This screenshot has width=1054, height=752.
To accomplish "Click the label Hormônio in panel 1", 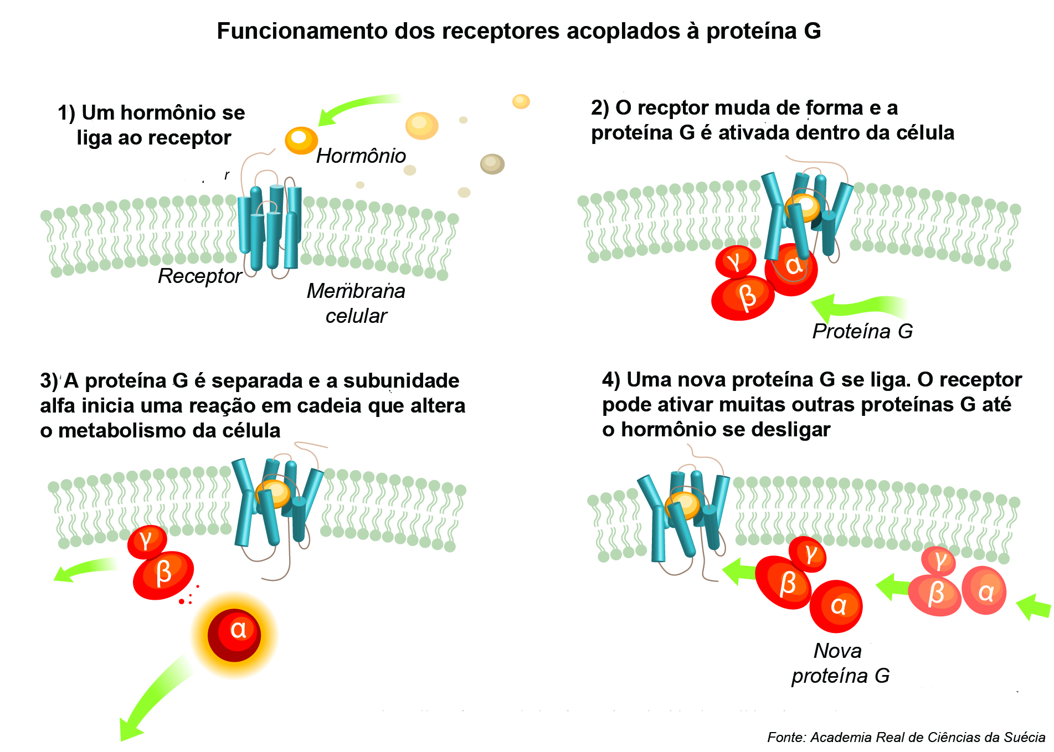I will pos(361,156).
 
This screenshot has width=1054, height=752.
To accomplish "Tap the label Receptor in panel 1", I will pos(199,276).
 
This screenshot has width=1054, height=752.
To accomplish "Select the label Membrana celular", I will pos(356,303).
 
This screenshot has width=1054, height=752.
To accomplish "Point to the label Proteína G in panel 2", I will pos(862,331).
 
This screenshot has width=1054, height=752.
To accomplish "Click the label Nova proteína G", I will pos(840,663).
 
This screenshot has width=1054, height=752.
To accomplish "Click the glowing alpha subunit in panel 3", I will pos(234,635).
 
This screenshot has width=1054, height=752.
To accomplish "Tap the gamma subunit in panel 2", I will pos(735,261).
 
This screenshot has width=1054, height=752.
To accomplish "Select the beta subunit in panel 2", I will pos(743,297).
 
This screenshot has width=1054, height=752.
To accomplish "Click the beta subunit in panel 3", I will pos(163,574).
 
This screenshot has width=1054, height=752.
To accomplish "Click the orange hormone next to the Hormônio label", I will pos(301,139).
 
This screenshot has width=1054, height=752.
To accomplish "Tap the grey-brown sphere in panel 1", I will pos(492,163).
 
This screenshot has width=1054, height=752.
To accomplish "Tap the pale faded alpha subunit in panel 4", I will pos(984,591).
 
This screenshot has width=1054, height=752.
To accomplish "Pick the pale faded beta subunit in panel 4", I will pos(935,595).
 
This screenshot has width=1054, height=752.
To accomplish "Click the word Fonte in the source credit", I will pos(785,737).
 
